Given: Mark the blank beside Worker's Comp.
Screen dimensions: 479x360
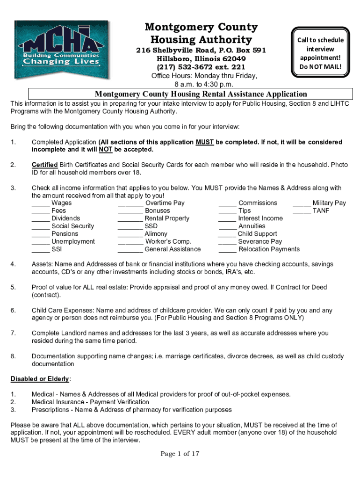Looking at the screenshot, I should point(130,242).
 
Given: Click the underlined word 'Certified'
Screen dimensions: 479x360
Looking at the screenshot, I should point(45,165).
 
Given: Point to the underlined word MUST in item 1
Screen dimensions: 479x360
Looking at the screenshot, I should point(205,142).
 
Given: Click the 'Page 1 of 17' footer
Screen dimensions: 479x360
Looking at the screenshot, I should point(180,454).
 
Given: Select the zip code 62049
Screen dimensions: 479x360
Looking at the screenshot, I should point(234,59).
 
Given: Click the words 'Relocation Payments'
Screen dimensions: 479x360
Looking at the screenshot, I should point(269,249).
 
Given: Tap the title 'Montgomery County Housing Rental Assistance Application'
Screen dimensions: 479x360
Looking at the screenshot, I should point(201,94).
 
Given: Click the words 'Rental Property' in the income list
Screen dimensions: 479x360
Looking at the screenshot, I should point(167,218).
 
